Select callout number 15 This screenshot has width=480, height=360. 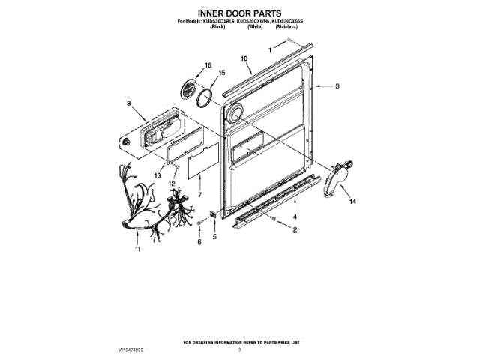[x=221, y=73]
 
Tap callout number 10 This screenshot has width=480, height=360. [x=244, y=58]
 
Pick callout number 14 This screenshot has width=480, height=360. [x=353, y=201]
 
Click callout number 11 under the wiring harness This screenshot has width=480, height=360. [x=138, y=250]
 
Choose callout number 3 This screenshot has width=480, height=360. [x=337, y=87]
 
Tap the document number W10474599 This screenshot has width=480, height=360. [x=132, y=349]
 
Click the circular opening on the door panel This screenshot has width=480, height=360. [x=235, y=112]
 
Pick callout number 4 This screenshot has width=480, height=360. [x=295, y=217]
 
